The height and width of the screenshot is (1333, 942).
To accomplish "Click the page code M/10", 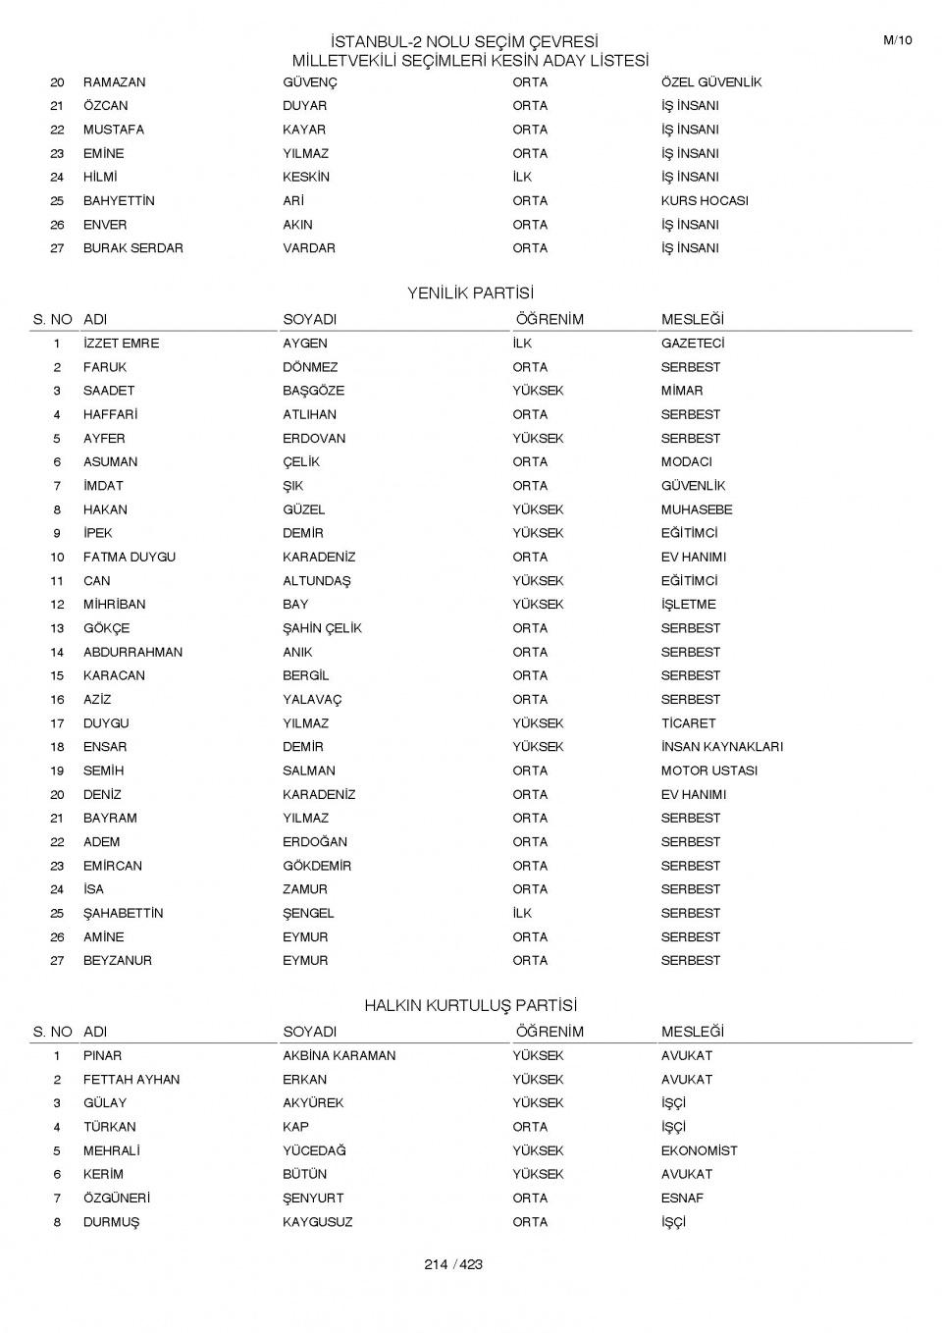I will coord(897,40).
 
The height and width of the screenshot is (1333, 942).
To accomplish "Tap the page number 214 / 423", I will coord(453,1264).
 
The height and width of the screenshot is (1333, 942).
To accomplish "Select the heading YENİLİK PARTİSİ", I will coord(470,293).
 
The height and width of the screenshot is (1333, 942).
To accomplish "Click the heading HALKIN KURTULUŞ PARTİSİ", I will coord(470,1006).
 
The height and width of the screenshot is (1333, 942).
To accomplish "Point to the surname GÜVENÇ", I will coord(310,82).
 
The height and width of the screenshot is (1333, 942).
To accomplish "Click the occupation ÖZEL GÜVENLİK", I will coord(710,82).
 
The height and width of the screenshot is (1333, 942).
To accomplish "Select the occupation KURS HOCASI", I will coord(705,201).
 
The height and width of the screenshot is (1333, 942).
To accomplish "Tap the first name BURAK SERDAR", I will coord(133,248).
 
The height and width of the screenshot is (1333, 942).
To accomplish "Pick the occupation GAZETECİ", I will coord(693,344).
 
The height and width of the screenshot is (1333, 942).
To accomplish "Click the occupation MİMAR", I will coord(682,391).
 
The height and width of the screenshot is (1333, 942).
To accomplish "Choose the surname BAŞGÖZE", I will coord(314,391).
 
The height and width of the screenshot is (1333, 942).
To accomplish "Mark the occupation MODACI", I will coord(687,462).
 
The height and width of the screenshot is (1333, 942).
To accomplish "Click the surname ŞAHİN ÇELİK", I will coord(323,628).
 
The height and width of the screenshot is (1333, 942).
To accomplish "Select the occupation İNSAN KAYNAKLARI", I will coord(722,747).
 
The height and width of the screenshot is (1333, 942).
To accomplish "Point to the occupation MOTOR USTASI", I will coord(709,771).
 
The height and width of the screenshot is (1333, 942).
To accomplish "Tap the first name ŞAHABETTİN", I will coord(124,913).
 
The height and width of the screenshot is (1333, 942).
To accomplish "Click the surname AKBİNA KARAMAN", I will coord(340,1056).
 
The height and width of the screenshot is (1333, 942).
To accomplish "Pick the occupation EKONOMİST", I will coord(700,1150).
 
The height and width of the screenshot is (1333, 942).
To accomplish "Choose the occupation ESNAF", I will coord(682,1199).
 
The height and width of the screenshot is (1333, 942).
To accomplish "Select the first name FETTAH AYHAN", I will coord(131,1080).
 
